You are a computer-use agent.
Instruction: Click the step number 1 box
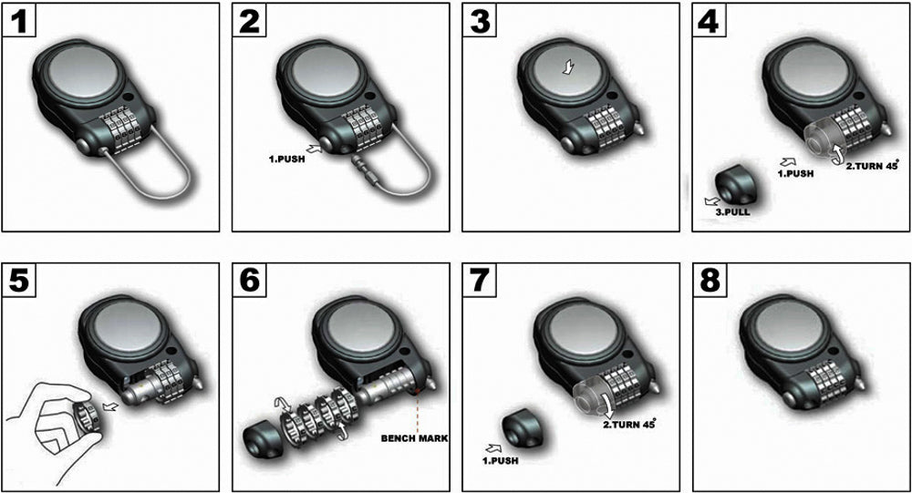[19, 20]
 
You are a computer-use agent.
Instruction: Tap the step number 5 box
[19, 281]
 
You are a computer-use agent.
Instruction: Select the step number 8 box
[710, 281]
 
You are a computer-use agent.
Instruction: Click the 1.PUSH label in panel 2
[286, 159]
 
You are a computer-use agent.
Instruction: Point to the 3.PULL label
[732, 212]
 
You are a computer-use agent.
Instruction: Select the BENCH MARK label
[414, 437]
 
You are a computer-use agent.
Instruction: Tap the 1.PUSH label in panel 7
[500, 460]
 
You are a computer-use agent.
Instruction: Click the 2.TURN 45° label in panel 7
[628, 424]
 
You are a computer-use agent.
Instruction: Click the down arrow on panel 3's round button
[567, 67]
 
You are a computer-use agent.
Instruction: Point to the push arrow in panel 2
[314, 149]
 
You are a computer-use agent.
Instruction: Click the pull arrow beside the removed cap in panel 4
[710, 201]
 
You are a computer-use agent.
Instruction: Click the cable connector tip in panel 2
[364, 166]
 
